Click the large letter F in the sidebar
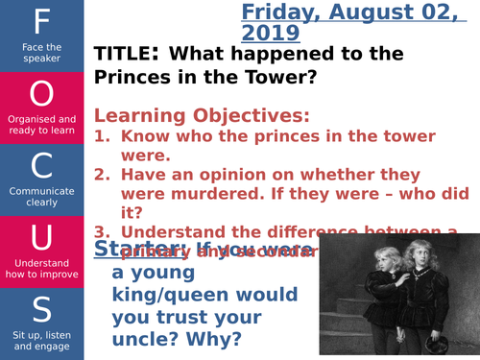(42, 21)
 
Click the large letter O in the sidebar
(42, 93)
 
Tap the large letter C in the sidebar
(42, 165)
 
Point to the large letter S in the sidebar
(42, 309)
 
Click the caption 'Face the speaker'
(42, 51)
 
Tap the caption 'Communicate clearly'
(42, 196)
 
